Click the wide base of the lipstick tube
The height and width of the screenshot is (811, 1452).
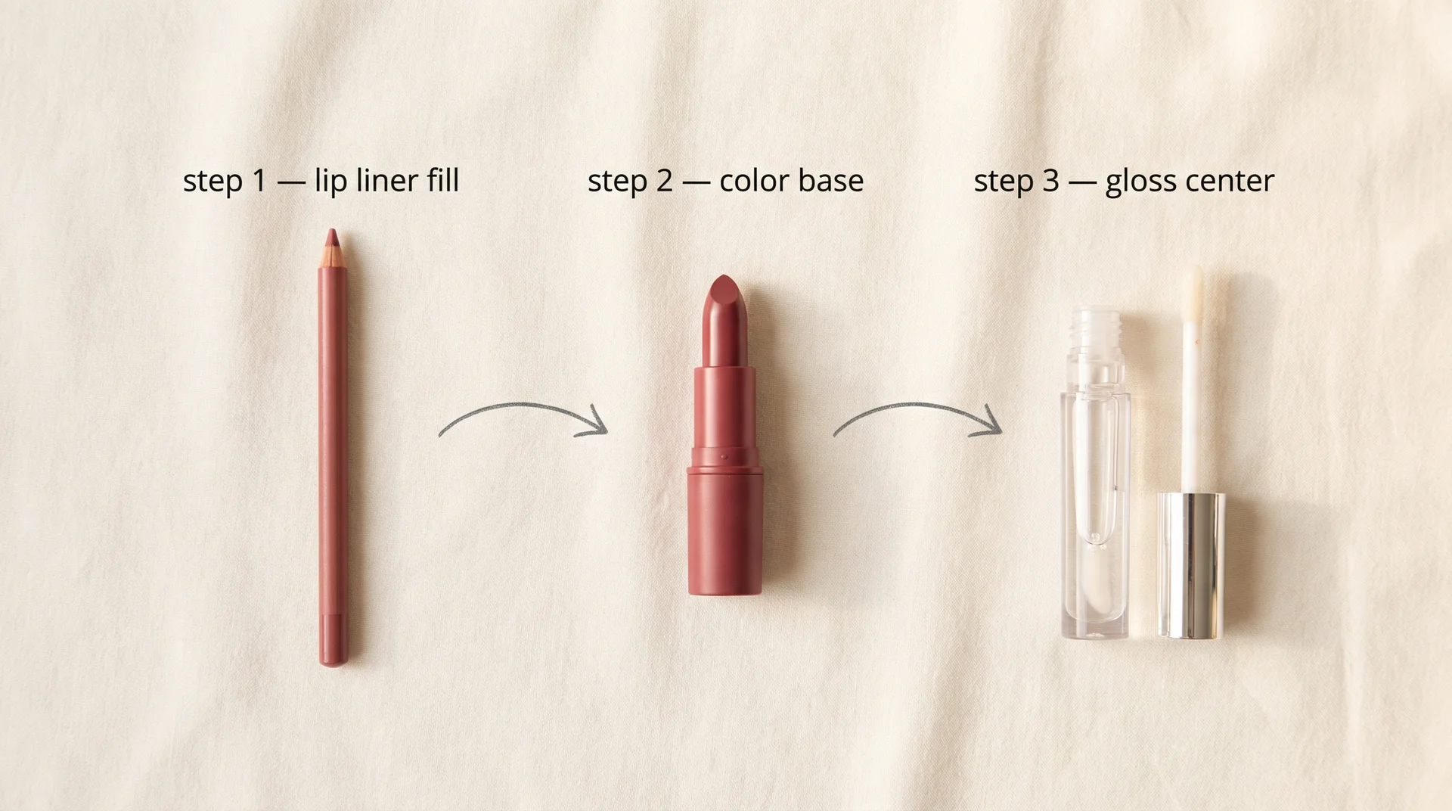724,530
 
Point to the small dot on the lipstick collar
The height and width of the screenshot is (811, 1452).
724,458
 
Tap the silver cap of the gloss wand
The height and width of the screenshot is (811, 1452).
1192,564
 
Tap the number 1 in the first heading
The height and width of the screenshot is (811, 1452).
259,181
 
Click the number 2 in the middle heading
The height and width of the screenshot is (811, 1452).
664,181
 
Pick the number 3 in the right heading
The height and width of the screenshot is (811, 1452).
1050,181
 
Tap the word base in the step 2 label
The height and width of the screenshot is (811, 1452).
831,181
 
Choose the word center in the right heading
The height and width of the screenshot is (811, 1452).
1230,181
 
